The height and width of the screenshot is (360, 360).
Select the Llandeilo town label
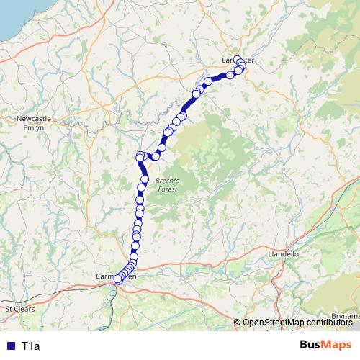coord(283,254)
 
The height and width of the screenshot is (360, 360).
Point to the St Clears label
coord(19,308)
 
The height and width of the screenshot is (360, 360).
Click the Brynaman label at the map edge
coord(345,315)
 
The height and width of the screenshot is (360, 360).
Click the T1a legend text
coord(31,346)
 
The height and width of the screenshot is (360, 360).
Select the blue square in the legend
coord(10,346)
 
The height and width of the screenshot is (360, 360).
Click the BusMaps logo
coord(325,346)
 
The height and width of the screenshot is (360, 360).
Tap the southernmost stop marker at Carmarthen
coord(118,279)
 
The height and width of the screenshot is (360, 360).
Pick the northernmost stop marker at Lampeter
coord(238,60)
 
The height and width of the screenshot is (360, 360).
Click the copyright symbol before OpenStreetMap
coord(238,323)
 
